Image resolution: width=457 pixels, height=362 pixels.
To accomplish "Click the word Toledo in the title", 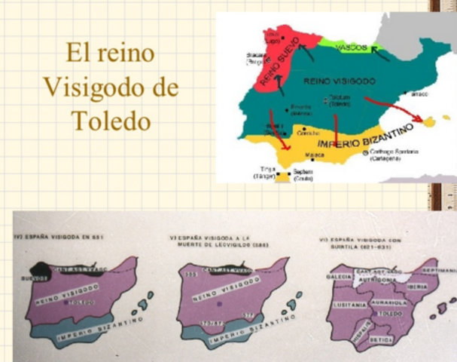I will coord(111,121).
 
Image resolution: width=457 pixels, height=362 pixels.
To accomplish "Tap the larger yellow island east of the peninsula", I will coord(431,120).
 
